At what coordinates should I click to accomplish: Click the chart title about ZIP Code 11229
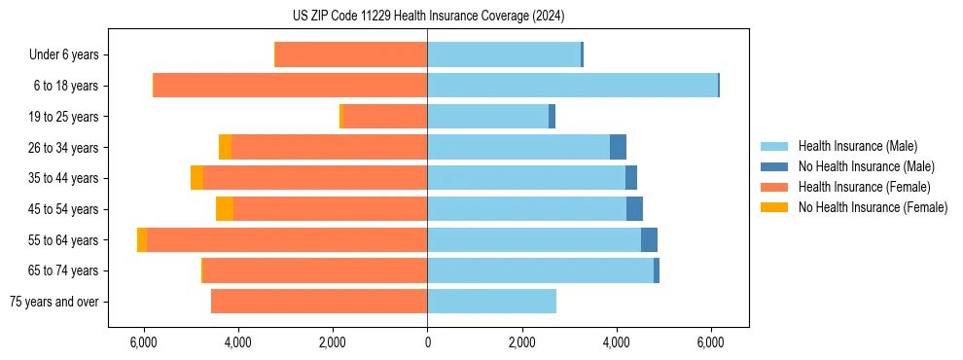coord(428,17)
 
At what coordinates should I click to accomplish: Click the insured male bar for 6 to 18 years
coord(572,86)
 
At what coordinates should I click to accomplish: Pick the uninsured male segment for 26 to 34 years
coord(618,147)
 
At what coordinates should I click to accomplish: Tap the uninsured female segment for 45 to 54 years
coord(225,209)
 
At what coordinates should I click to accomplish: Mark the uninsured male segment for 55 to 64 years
coord(649,240)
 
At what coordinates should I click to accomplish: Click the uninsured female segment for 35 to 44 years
coord(196,178)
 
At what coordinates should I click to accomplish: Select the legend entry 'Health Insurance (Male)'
coord(857,146)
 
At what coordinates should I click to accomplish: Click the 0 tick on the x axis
coord(427,342)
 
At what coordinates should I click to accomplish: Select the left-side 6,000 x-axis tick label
coord(143,342)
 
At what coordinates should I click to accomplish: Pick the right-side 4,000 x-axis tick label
coord(617,342)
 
